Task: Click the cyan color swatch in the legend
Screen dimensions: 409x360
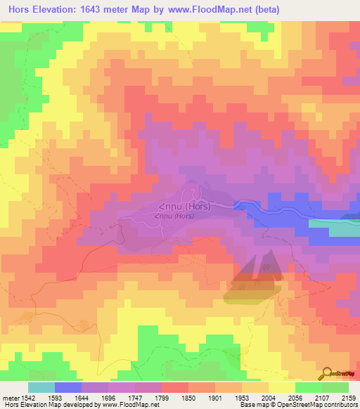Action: click(41, 387)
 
